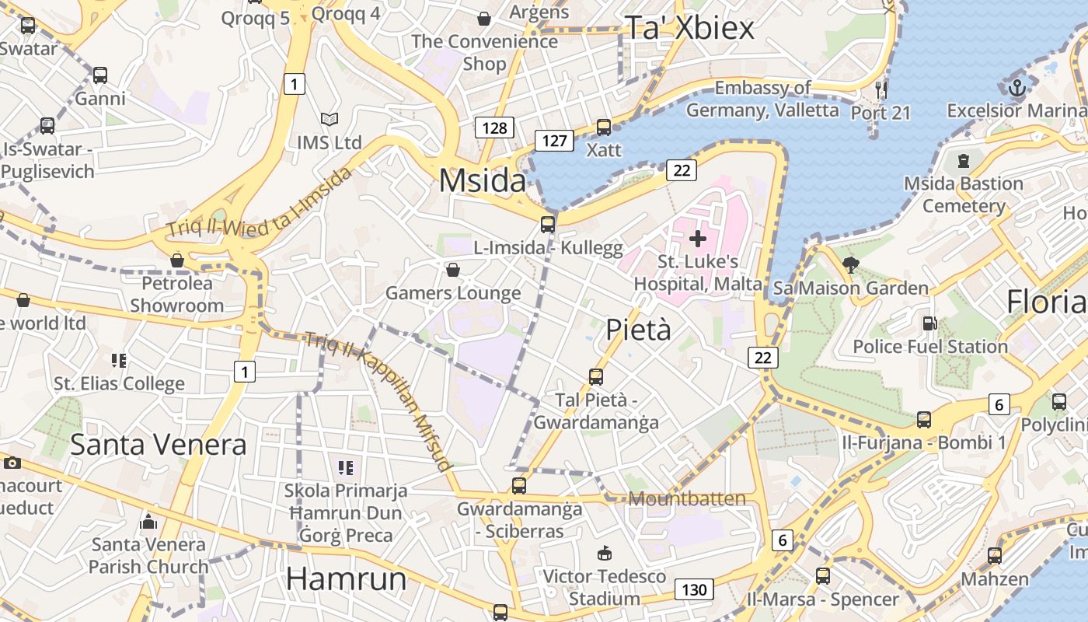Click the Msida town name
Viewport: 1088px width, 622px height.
point(483,180)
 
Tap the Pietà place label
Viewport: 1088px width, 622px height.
point(638,330)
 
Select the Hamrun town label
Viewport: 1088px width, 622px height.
point(347,579)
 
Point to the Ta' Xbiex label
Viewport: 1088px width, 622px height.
point(689,28)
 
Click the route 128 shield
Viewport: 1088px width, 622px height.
point(494,128)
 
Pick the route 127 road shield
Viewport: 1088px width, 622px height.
point(554,141)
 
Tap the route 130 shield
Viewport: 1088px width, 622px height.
point(693,589)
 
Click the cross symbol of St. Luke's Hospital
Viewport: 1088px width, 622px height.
point(698,238)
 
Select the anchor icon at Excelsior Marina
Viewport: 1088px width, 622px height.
point(1017,88)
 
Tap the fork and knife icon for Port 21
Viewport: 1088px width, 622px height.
point(881,89)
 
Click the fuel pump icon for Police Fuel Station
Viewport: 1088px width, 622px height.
point(929,323)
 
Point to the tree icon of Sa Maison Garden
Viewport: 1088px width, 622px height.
point(851,264)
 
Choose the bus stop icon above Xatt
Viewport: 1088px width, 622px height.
point(604,127)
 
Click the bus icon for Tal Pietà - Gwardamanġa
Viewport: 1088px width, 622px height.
point(596,377)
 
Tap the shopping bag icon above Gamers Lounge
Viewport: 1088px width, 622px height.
point(453,270)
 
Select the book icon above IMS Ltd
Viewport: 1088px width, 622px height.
point(330,120)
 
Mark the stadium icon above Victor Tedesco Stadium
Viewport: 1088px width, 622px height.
point(604,553)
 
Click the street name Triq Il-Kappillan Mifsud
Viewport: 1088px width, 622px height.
point(378,401)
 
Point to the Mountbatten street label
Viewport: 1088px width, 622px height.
point(687,498)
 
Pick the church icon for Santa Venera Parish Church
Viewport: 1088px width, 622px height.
point(148,522)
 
